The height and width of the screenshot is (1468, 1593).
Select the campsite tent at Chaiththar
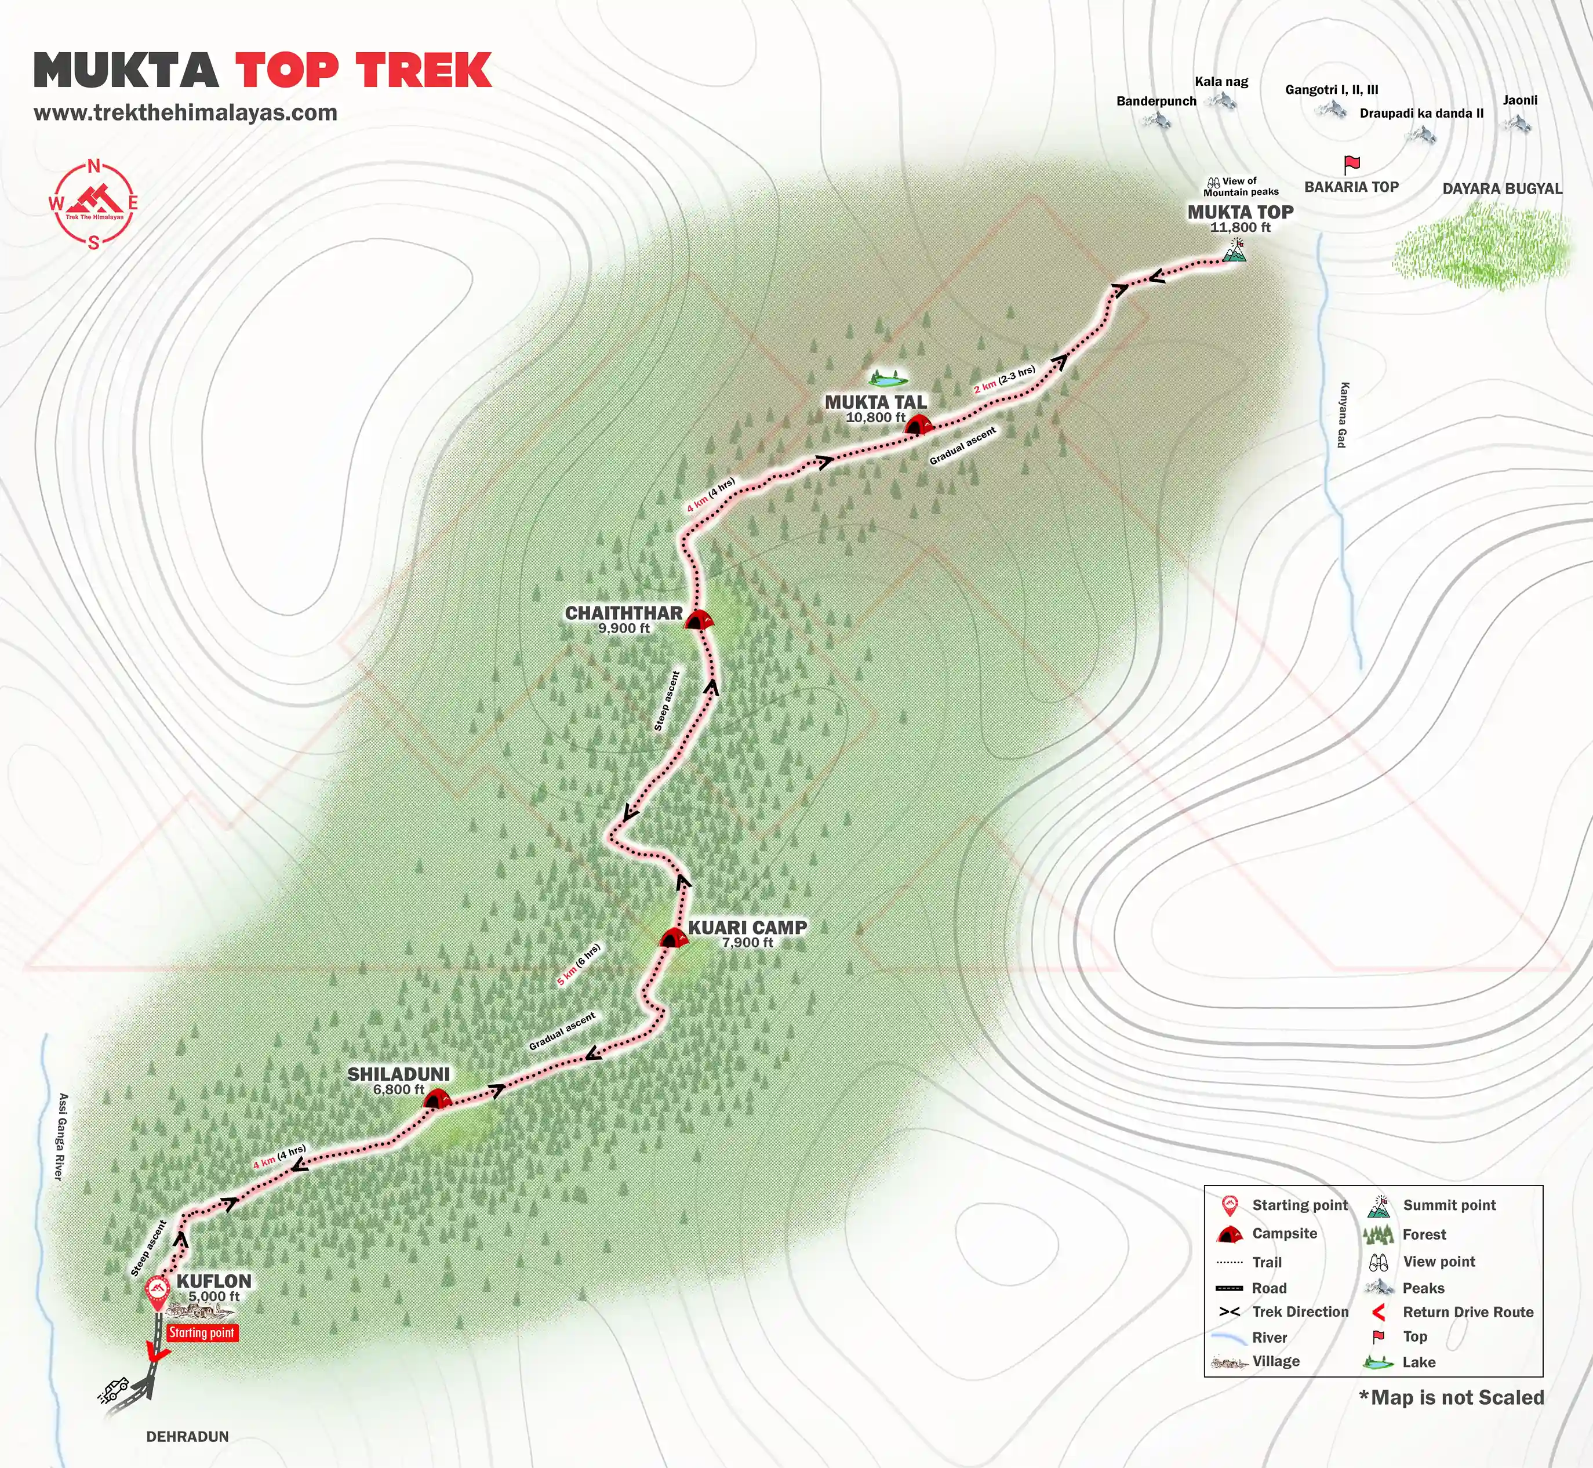[x=698, y=620]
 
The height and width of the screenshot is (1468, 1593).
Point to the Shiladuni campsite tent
[x=436, y=1099]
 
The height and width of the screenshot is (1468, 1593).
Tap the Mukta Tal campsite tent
[x=917, y=425]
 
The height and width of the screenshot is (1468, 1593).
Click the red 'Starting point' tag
[x=202, y=1333]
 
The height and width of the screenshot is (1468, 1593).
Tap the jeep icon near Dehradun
[x=115, y=1389]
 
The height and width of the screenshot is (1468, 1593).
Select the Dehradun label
[x=187, y=1436]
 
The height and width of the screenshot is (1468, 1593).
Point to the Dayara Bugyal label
[x=1501, y=189]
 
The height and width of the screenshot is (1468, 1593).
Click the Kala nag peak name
[x=1221, y=82]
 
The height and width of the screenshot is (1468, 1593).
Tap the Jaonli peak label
[x=1520, y=101]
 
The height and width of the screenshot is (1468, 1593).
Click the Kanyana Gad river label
[x=1343, y=415]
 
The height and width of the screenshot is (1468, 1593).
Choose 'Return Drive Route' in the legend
[x=1468, y=1312]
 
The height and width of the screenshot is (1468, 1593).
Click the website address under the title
[x=186, y=113]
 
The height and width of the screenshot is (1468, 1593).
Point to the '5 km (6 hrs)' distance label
[x=579, y=965]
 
